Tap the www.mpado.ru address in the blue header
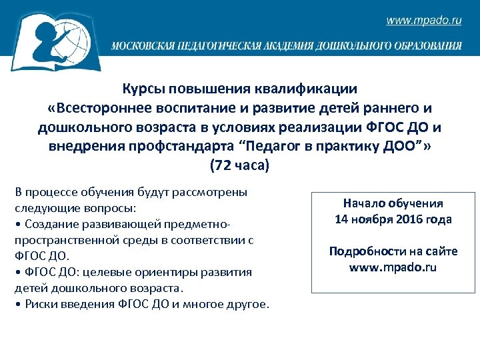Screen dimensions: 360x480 click(x=423, y=21)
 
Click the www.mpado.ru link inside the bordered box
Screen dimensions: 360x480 click(x=393, y=267)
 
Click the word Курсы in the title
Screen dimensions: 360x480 click(x=142, y=89)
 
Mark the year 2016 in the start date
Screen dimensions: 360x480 click(x=412, y=219)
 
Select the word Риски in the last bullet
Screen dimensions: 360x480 click(x=38, y=305)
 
